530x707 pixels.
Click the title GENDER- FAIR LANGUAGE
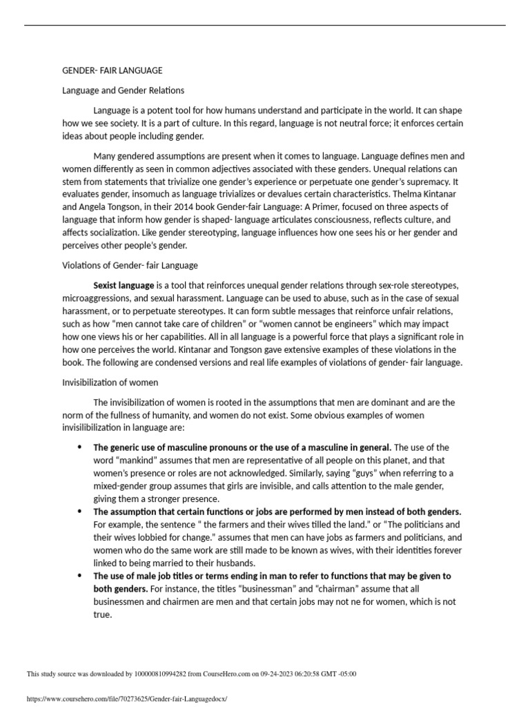click(x=112, y=70)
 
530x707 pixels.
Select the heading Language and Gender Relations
click(x=124, y=90)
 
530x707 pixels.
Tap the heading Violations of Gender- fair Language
click(x=130, y=265)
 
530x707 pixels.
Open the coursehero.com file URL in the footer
click(x=126, y=699)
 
